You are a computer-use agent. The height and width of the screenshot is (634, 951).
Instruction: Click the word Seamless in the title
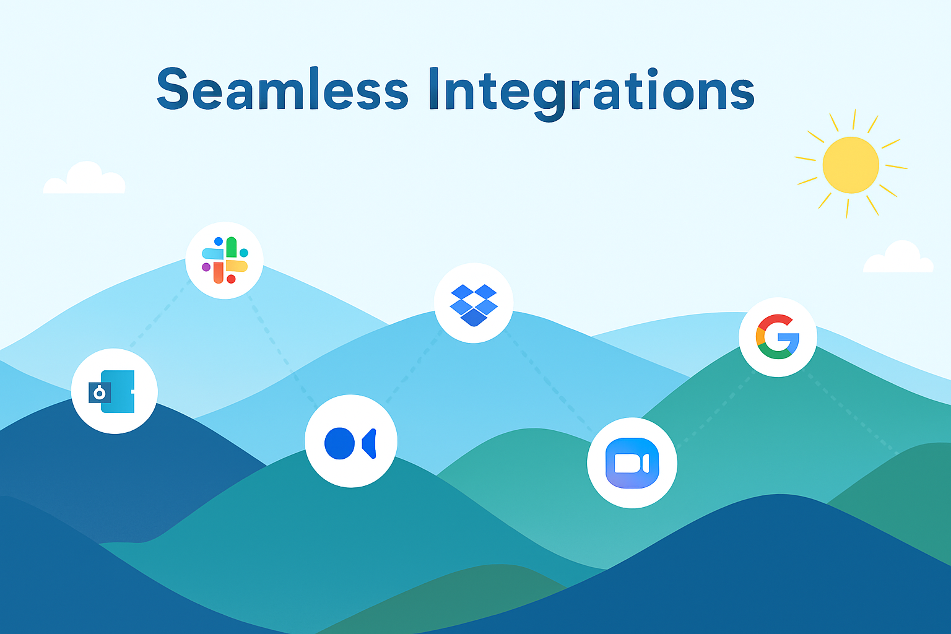282,89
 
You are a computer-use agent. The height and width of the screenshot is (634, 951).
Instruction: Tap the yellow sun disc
850,165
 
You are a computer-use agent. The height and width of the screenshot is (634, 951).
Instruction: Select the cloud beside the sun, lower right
898,257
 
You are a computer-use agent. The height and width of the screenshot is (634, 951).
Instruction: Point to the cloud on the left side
84,178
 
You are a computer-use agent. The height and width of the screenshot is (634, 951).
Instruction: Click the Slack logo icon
225,260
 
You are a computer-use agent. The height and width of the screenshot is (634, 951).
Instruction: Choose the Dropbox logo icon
474,305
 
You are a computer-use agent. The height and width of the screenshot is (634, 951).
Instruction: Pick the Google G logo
778,337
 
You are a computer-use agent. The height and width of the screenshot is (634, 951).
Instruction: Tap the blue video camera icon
632,463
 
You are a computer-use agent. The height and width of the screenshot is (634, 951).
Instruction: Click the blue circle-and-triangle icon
350,443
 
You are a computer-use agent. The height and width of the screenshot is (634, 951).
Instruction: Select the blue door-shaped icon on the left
111,391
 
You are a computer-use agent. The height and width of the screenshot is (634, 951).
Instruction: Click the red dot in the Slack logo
231,279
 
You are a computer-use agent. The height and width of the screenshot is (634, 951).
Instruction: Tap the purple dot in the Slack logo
206,267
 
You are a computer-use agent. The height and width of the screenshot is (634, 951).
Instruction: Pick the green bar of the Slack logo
232,247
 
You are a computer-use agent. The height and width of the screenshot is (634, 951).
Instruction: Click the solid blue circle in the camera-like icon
339,443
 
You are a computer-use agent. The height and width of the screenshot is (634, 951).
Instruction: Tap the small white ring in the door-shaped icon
99,394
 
